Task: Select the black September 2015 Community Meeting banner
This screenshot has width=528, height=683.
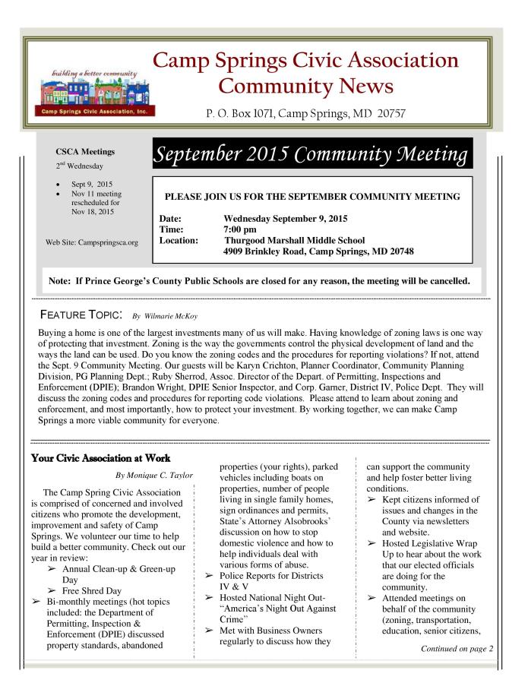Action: point(313,155)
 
